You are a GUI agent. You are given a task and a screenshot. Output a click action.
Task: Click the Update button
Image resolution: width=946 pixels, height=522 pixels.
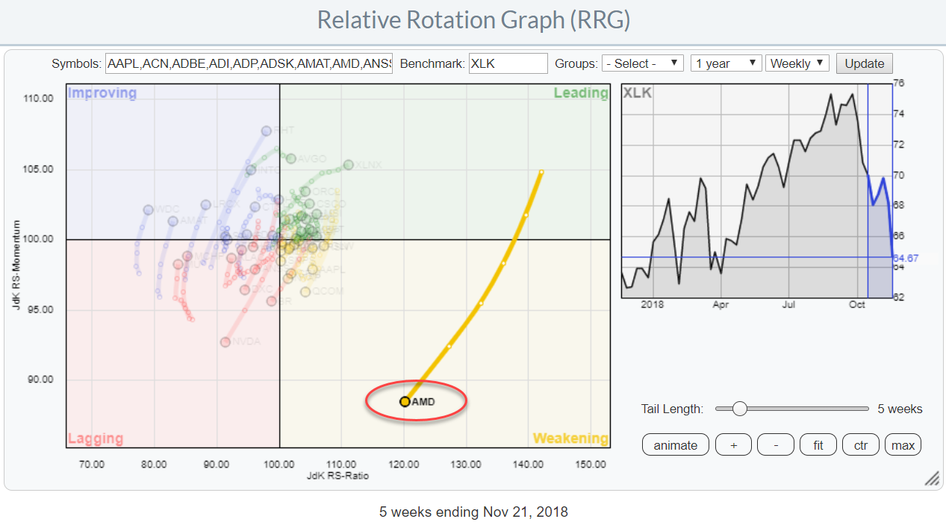click(x=864, y=63)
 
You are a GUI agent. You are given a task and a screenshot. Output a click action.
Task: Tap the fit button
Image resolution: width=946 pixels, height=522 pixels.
click(x=818, y=445)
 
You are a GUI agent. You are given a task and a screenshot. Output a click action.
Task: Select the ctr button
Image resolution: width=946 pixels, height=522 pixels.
click(x=861, y=445)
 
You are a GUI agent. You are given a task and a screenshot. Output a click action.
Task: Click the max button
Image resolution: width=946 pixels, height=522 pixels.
click(x=903, y=445)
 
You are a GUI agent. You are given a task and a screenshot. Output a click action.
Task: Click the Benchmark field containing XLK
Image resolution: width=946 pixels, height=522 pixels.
click(x=508, y=63)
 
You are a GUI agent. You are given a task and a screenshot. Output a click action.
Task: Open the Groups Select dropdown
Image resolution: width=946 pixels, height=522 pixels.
click(x=642, y=63)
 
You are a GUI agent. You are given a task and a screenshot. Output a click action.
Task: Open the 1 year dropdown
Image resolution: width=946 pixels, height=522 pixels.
click(x=725, y=63)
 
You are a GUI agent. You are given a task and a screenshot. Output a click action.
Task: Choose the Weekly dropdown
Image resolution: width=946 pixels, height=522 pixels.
click(x=797, y=63)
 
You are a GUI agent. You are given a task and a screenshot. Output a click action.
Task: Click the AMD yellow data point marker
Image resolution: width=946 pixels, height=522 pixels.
click(x=405, y=402)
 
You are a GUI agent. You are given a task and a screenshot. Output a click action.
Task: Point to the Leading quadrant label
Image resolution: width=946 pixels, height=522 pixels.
click(x=581, y=93)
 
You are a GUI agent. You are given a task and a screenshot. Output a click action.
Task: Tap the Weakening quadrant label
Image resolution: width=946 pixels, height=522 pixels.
click(x=570, y=438)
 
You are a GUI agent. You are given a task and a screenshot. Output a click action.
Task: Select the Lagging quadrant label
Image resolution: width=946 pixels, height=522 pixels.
click(x=96, y=438)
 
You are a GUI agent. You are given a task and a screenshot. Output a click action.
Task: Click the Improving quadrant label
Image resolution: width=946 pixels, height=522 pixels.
click(x=102, y=93)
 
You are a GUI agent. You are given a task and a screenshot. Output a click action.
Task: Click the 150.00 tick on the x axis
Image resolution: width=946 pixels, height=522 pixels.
click(x=591, y=465)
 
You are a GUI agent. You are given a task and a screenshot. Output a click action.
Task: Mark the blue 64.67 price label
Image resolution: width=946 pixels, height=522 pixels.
click(x=908, y=257)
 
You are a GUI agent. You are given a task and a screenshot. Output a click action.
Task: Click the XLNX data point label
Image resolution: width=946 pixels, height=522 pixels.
click(x=368, y=165)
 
